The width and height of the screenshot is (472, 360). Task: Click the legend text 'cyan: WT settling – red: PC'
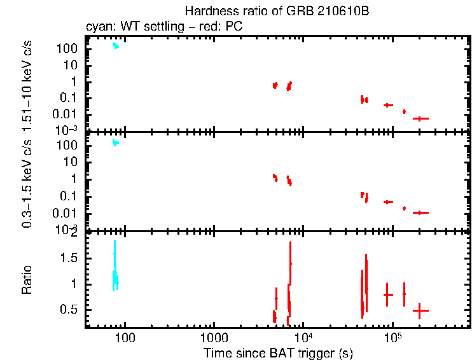coord(164,27)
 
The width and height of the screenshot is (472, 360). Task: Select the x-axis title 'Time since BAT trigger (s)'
coord(278,352)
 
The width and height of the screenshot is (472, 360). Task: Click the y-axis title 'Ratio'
coord(27,280)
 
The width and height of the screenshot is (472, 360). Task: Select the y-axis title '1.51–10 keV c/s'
coord(27,83)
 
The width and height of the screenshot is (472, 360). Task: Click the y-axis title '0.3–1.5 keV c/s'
coord(27,183)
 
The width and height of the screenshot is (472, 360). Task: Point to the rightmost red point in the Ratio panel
coord(420,310)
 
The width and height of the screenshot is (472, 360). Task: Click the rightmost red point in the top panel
coord(420,118)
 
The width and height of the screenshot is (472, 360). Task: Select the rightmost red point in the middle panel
coord(420,212)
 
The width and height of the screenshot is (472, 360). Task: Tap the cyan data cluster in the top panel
coord(115,46)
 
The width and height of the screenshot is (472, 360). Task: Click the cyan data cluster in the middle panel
coord(115,142)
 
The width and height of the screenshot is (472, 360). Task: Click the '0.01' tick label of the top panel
coord(68,114)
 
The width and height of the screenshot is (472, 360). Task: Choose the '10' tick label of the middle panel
coord(72,162)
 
